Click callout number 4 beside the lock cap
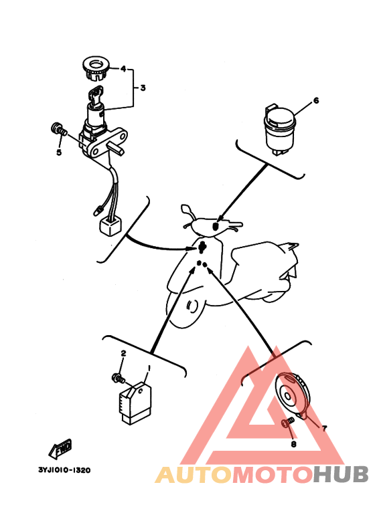coord(123,69)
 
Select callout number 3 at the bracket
coord(143,88)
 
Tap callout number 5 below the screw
coord(59,152)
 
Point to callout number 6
coord(316,100)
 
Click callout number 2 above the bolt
coord(123,353)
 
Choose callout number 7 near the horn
coord(324,428)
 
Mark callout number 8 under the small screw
coord(293,444)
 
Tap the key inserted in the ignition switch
coord(96,94)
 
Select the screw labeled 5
coord(59,128)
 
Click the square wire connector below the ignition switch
coord(110,225)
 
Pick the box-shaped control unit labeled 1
coord(135,402)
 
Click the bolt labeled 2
coord(118,378)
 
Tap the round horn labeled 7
coord(293,395)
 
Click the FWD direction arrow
coord(60,449)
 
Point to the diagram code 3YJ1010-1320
coord(64,470)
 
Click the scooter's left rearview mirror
coord(186,209)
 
